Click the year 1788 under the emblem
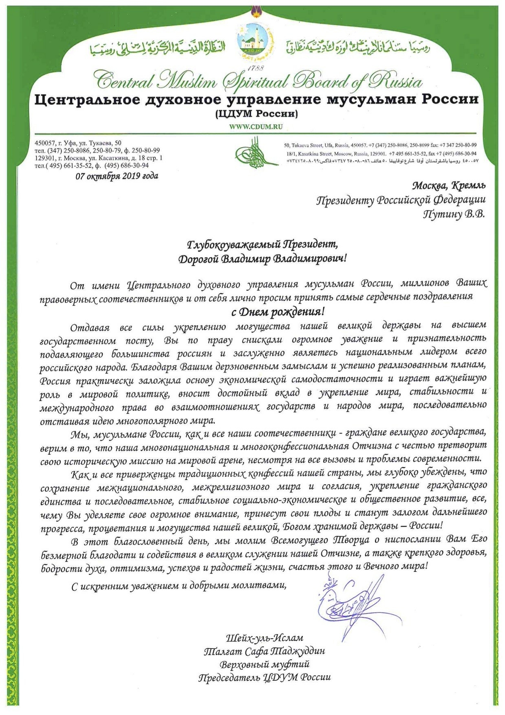tap(256, 68)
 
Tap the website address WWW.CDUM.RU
tap(256, 127)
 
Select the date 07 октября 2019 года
tap(117, 176)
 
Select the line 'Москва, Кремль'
tap(448, 186)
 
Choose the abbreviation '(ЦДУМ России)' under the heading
tap(256, 114)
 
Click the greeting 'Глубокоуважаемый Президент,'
tap(262, 245)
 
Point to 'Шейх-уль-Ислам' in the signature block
tap(265, 638)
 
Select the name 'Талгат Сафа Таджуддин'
tap(265, 651)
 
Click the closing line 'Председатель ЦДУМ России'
tap(265, 677)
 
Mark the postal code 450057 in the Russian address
tap(44, 143)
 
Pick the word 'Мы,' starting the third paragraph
tap(80, 433)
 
